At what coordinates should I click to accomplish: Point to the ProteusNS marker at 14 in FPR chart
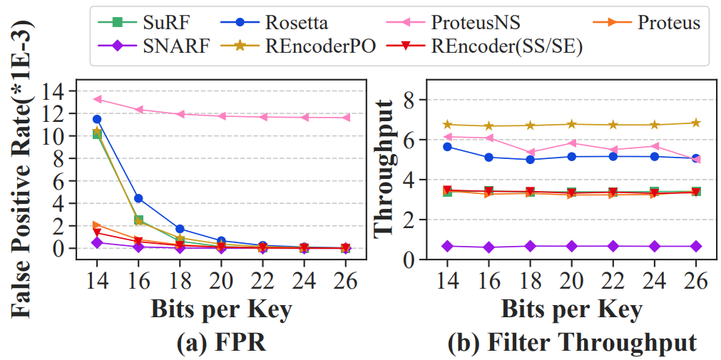coord(97,99)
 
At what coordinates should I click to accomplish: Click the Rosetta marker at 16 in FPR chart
coord(138,198)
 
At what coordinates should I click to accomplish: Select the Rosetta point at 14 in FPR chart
coord(97,119)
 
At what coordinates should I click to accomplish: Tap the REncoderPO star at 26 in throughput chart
coord(695,123)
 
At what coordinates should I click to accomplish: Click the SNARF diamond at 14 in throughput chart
coord(447,246)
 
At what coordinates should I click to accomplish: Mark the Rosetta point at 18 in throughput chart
coord(530,160)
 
